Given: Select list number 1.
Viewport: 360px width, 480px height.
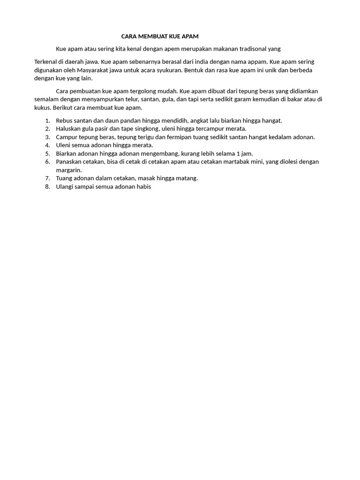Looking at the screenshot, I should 47,120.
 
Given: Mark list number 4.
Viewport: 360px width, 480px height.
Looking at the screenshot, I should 47,145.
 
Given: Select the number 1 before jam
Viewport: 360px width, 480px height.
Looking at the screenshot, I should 238,153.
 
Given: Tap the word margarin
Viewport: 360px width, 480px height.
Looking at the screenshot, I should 69,170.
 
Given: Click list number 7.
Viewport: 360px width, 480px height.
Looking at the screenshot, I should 47,178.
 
